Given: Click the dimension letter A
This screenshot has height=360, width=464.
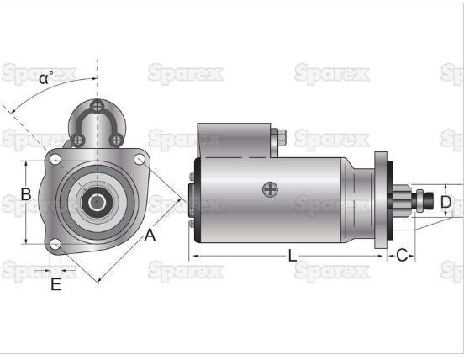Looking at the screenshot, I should point(150,236).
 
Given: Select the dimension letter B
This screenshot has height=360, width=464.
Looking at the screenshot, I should point(26,194).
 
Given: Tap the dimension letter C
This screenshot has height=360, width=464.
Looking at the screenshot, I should point(402,255).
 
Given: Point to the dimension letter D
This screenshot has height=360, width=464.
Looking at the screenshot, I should point(446,202).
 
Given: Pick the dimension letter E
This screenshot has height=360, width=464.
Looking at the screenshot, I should point(55,284).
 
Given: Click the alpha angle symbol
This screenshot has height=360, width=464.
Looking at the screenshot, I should point(45,79).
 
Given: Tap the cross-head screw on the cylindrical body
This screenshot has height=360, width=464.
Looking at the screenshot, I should point(269,189).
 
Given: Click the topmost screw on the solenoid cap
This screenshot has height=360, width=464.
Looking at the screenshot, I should point(98,106).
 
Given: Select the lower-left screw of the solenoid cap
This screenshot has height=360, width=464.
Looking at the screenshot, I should point(77,139).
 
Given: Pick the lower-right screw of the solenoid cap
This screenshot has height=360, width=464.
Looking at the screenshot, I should point(117,139).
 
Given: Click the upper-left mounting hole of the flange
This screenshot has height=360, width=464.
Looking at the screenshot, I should point(55,158).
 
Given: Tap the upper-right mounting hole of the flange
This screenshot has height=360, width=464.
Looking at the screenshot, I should point(140,158).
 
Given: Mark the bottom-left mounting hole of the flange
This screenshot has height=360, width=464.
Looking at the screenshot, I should point(55,245).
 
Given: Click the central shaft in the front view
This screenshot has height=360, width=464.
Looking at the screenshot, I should point(98,202).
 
